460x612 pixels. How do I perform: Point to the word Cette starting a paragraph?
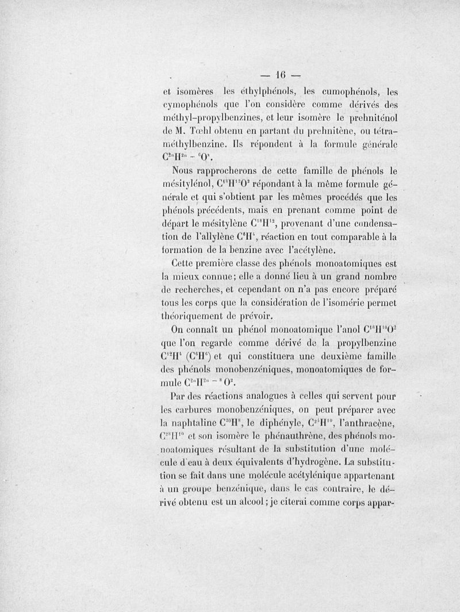pyautogui.click(x=185, y=263)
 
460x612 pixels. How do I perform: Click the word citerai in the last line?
pyautogui.click(x=300, y=501)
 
